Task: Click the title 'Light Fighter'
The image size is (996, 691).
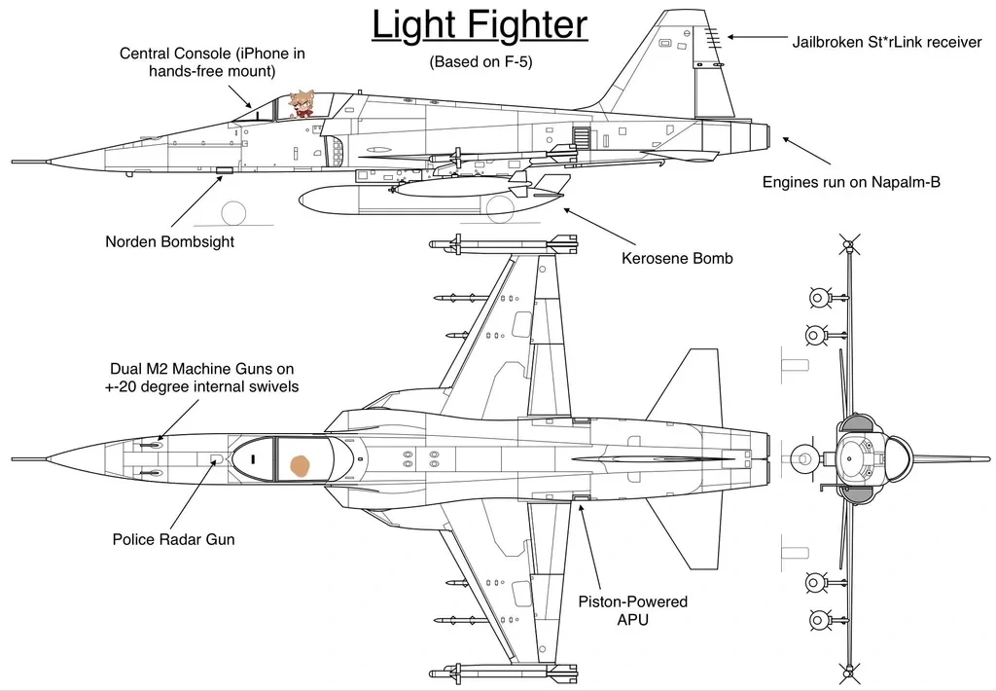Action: pyautogui.click(x=480, y=25)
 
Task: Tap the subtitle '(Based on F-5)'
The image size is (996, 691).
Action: pyautogui.click(x=480, y=62)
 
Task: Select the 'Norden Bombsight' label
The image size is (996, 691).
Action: pyautogui.click(x=169, y=241)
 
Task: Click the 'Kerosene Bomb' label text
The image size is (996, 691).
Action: pyautogui.click(x=677, y=259)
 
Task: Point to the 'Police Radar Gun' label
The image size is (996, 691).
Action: pyautogui.click(x=173, y=539)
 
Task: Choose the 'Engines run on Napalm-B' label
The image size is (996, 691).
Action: pyautogui.click(x=850, y=182)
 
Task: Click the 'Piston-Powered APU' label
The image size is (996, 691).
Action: pyautogui.click(x=632, y=610)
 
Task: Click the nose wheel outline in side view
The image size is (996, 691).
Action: pyautogui.click(x=235, y=212)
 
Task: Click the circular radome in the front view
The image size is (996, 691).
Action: pyautogui.click(x=857, y=454)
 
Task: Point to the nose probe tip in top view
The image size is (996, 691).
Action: pyautogui.click(x=14, y=455)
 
